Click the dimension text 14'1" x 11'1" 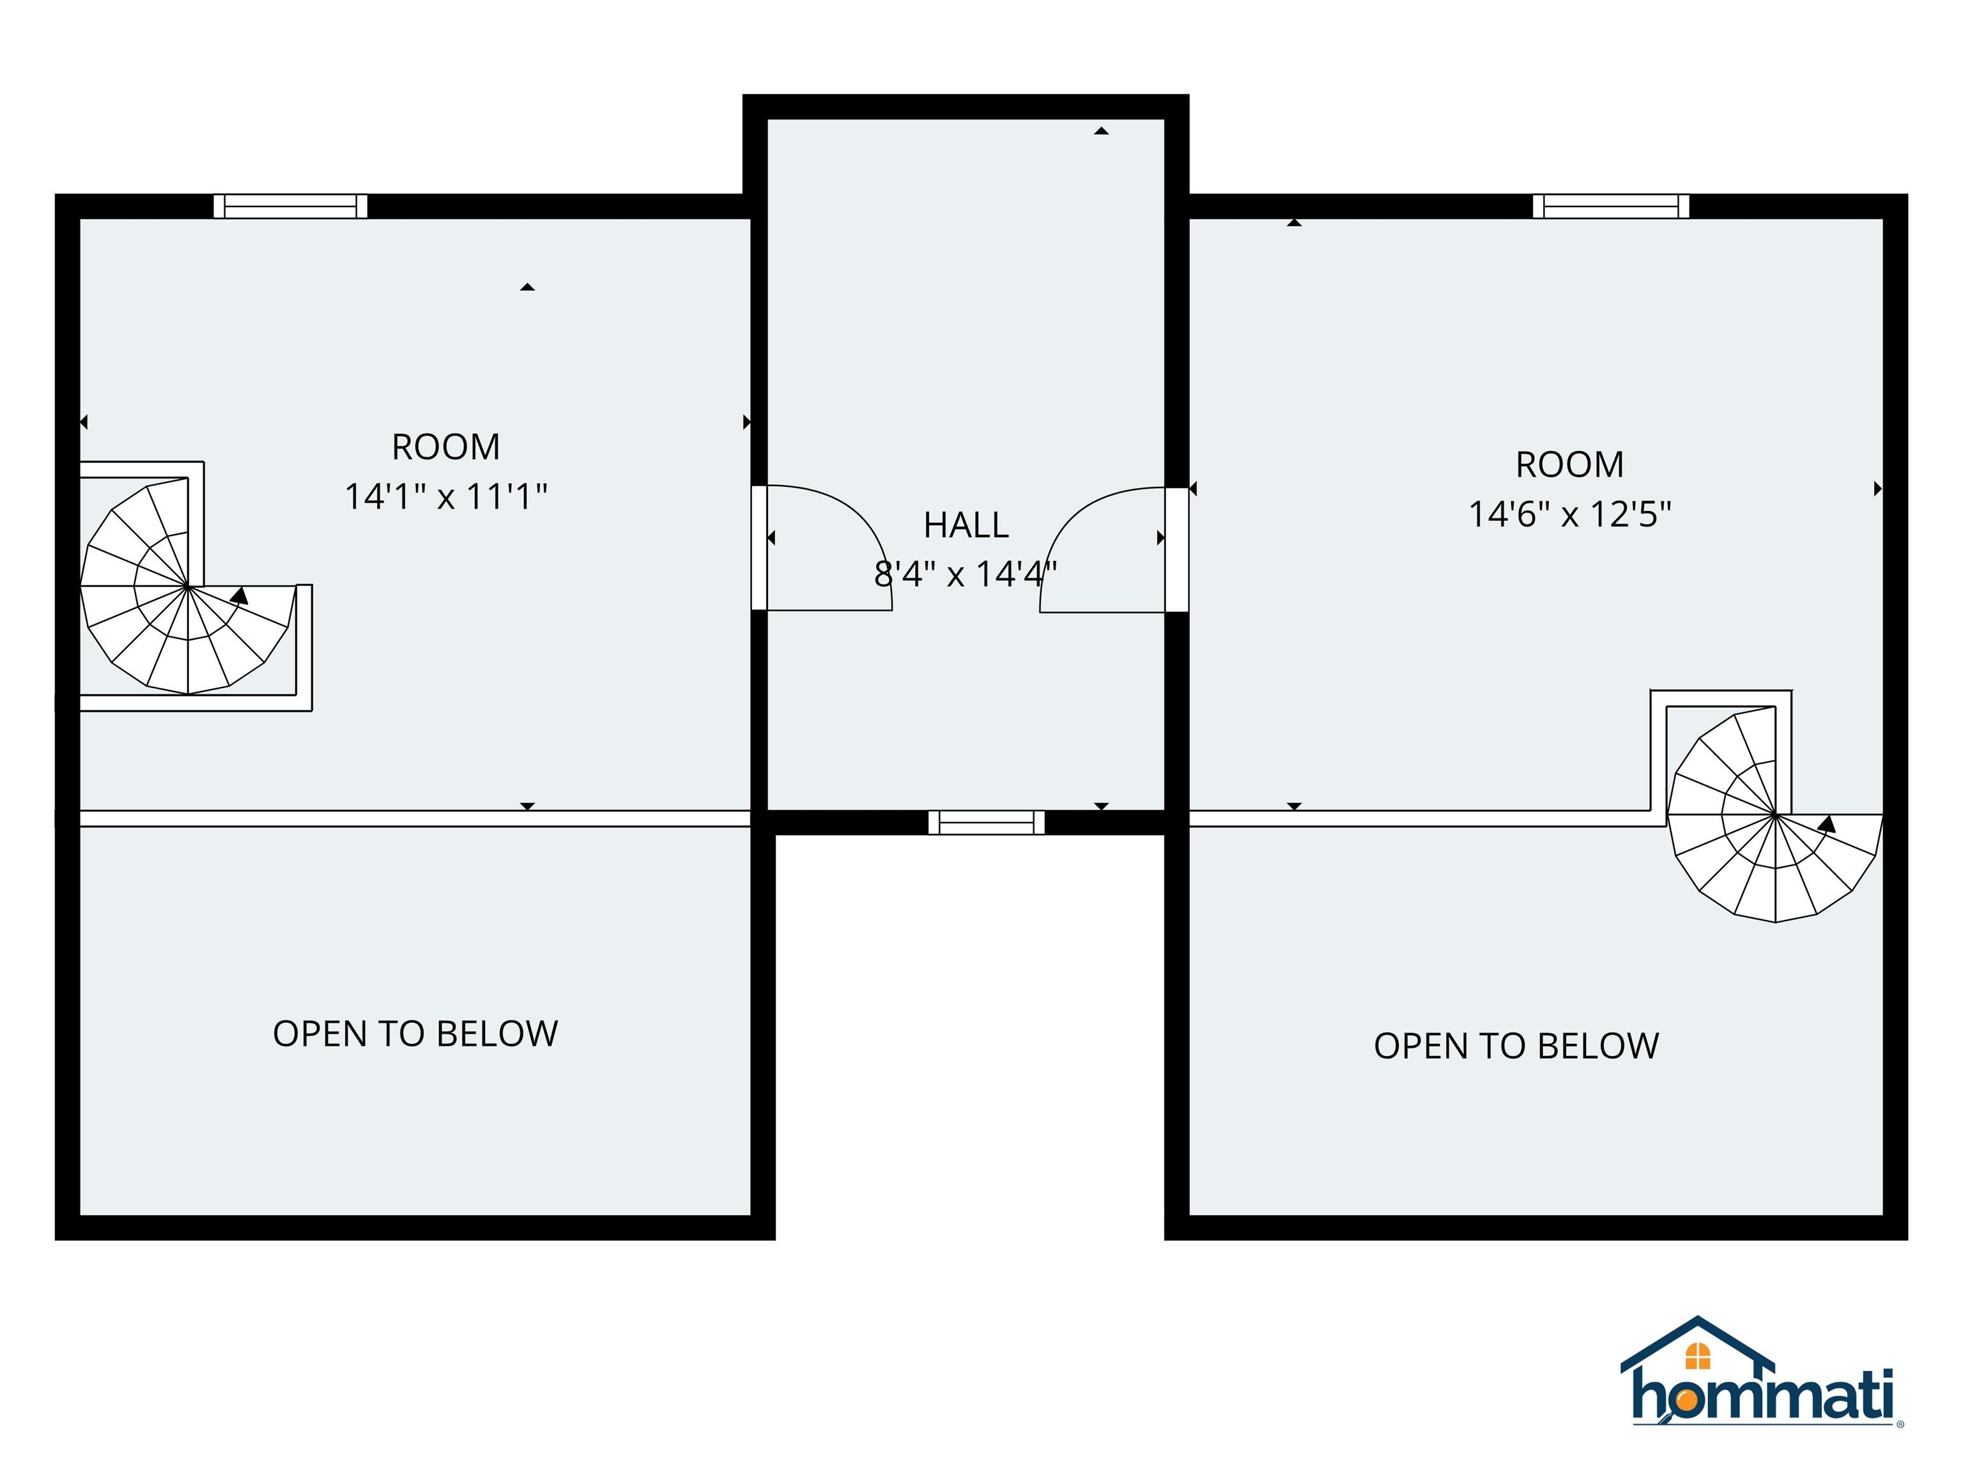(x=445, y=497)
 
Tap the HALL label (x=966, y=525)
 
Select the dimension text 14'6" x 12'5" (x=1569, y=514)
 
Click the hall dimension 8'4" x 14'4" (x=966, y=575)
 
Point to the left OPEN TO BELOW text (x=415, y=1034)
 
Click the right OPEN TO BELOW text (x=1516, y=1046)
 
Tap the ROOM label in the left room (x=445, y=447)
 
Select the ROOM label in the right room (x=1569, y=465)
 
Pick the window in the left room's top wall (x=290, y=206)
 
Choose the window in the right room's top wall (x=1611, y=206)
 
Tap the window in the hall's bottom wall (x=986, y=822)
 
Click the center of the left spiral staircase (x=188, y=586)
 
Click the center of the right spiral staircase (x=1775, y=815)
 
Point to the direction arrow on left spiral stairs (x=239, y=595)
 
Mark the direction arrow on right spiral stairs (x=1826, y=824)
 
